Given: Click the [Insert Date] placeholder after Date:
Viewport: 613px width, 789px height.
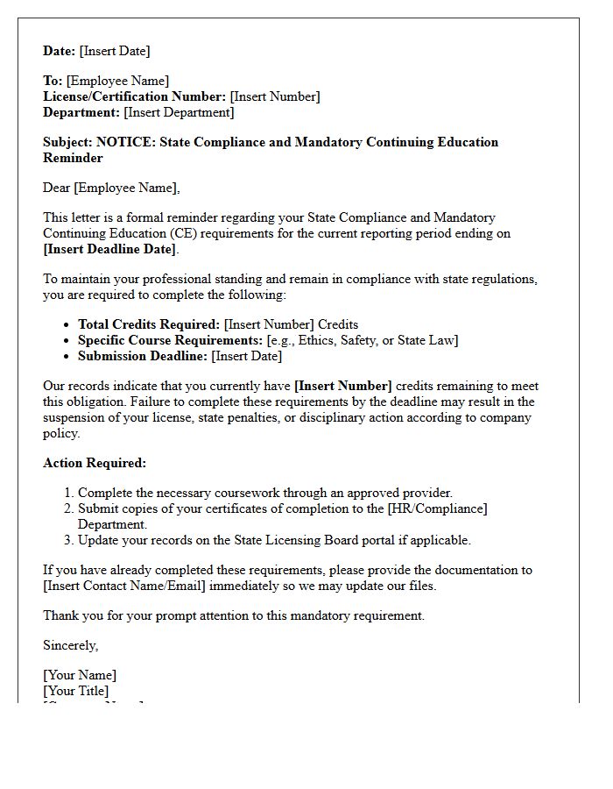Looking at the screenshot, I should pos(115,51).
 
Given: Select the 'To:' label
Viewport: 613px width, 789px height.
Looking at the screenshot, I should pos(53,81).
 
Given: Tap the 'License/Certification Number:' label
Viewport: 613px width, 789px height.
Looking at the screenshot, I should pos(134,96).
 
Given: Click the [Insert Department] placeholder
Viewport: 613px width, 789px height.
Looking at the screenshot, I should pos(179,112).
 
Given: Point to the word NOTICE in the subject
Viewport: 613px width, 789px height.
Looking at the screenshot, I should pos(125,142).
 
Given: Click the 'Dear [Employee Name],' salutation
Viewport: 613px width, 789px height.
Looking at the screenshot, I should pos(111,188).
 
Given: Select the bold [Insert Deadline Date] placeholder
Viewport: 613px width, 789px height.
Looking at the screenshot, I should pos(109,249).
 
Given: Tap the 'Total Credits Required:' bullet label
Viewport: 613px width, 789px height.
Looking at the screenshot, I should pos(149,324).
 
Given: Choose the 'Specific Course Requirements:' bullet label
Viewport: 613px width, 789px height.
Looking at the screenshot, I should pos(170,340).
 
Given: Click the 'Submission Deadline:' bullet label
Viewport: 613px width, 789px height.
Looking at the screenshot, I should pos(143,356).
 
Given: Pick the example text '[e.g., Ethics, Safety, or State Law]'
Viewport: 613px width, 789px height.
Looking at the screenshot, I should pos(363,340).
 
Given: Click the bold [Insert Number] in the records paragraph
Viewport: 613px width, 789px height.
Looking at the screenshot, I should pos(343,386).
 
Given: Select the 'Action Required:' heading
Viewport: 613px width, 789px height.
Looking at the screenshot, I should pos(95,463).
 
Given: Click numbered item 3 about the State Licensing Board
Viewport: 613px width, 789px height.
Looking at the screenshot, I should pos(274,540).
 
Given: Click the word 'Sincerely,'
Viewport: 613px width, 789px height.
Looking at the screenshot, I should pos(71,645).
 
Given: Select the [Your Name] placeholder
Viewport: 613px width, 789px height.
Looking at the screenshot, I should pos(80,675).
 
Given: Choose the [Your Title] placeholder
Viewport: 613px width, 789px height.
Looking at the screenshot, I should pos(76,691).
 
